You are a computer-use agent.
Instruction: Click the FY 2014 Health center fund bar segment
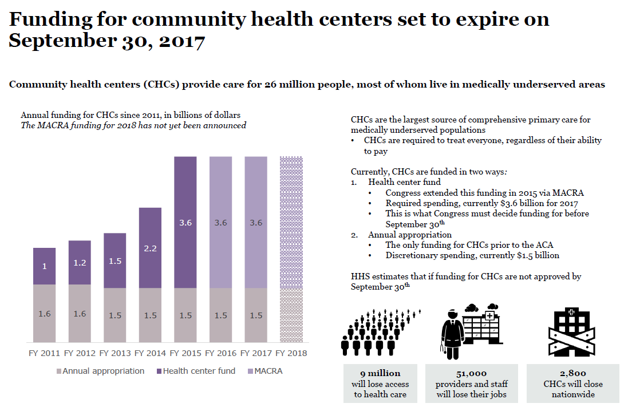[x=150, y=247]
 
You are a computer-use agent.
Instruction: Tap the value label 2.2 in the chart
[x=150, y=249]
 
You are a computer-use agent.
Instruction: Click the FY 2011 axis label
[x=44, y=353]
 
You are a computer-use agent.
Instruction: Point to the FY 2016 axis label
[x=220, y=353]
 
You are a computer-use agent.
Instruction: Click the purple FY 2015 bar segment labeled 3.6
[x=185, y=223]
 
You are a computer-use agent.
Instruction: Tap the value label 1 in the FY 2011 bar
[x=44, y=267]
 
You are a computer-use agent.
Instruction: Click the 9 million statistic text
[x=380, y=373]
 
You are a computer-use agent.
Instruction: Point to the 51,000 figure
[x=472, y=373]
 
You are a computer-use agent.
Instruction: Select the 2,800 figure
[x=573, y=373]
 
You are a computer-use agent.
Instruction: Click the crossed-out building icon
[x=573, y=331]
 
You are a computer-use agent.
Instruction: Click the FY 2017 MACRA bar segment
[x=256, y=223]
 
